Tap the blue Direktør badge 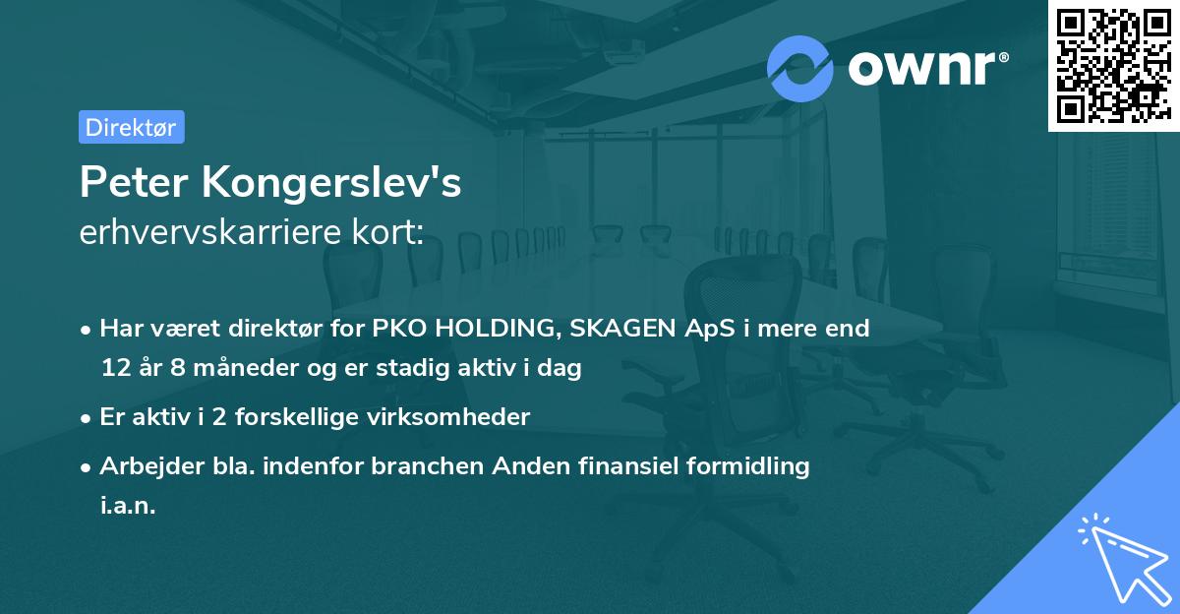(x=131, y=127)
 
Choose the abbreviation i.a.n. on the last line (x=128, y=506)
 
